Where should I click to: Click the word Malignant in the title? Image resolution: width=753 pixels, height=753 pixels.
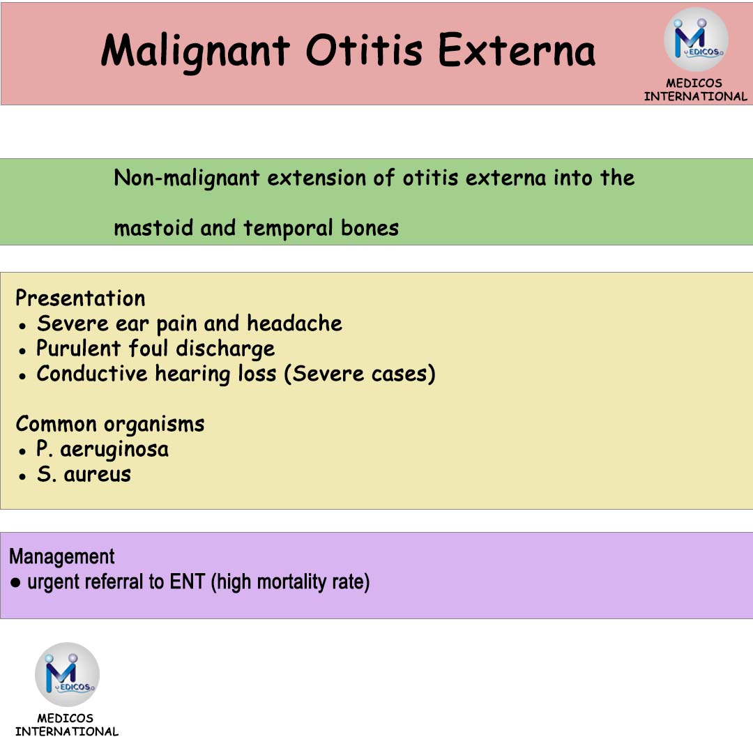pos(195,51)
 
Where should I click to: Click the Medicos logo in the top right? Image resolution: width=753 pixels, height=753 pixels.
pos(695,40)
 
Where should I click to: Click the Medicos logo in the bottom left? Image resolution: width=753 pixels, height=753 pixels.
pos(67,674)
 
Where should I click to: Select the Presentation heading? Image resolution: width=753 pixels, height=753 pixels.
pos(80,298)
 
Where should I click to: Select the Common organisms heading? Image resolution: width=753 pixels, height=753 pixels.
pos(110,424)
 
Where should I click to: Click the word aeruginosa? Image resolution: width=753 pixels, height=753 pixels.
pos(114,450)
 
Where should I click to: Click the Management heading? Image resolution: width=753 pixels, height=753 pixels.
pos(62,556)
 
